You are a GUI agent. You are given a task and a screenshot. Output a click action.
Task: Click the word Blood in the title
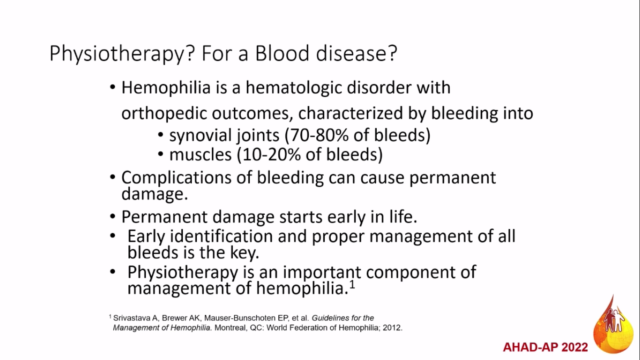coord(282,53)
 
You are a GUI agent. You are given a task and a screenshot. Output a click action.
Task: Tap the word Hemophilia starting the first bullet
coord(166,88)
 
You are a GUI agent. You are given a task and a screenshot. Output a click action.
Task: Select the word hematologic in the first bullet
coord(294,88)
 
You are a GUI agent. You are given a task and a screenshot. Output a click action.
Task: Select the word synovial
coord(200,135)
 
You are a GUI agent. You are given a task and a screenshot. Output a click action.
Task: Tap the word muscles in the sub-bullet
coord(200,155)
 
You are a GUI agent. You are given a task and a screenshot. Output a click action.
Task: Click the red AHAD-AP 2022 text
coord(545,347)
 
